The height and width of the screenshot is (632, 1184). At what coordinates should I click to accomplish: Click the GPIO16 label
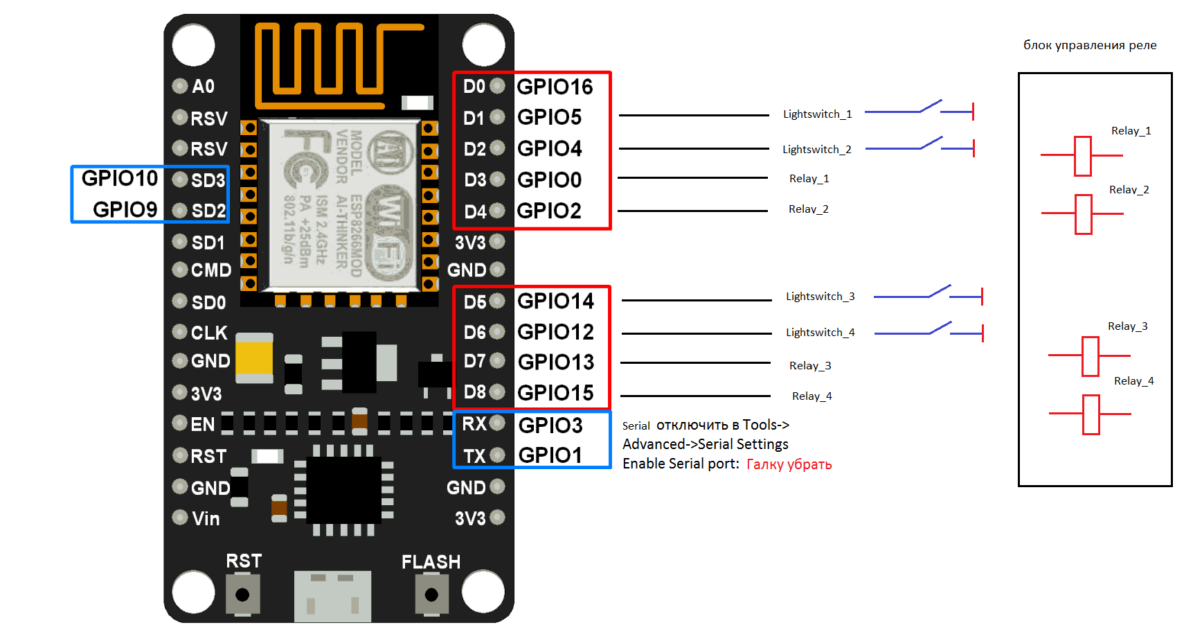pyautogui.click(x=555, y=87)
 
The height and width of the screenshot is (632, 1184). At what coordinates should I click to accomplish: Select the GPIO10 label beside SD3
pyautogui.click(x=120, y=178)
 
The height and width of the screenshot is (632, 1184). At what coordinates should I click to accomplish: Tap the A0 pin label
pyautogui.click(x=203, y=87)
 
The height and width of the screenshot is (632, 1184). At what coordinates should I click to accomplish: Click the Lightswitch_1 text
pyautogui.click(x=817, y=114)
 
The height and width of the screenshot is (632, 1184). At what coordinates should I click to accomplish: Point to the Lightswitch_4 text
pyautogui.click(x=820, y=333)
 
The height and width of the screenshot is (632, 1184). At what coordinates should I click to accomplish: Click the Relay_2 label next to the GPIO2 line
pyautogui.click(x=808, y=209)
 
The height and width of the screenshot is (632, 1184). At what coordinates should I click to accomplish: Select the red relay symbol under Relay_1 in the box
pyautogui.click(x=1082, y=156)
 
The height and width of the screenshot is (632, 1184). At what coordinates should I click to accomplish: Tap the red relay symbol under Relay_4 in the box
pyautogui.click(x=1091, y=414)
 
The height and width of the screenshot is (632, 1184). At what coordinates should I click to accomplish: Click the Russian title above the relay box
pyautogui.click(x=1090, y=45)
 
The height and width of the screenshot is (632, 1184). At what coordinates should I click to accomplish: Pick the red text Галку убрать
pyautogui.click(x=789, y=464)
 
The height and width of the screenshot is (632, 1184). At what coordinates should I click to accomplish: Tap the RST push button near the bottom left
pyautogui.click(x=242, y=595)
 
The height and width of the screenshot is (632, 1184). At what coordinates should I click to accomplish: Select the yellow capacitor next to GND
pyautogui.click(x=254, y=357)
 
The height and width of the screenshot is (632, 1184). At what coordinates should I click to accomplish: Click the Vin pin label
pyautogui.click(x=206, y=519)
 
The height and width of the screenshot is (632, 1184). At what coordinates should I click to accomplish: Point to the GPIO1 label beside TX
pyautogui.click(x=550, y=455)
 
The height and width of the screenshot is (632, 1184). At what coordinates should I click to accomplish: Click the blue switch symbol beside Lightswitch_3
pyautogui.click(x=928, y=295)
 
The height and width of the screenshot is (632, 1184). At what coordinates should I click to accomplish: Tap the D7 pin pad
pyautogui.click(x=497, y=361)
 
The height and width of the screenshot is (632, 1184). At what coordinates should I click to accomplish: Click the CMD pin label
pyautogui.click(x=211, y=270)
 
